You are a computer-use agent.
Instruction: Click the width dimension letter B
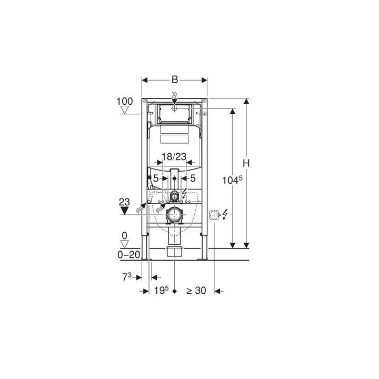tap(174, 80)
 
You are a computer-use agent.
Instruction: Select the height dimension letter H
tap(245, 163)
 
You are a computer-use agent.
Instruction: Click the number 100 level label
tap(125, 100)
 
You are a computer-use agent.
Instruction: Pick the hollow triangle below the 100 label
tap(125, 110)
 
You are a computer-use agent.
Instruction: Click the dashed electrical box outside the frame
tap(214, 215)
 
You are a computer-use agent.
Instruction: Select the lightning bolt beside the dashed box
tap(225, 215)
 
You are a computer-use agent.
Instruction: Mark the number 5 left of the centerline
tap(156, 178)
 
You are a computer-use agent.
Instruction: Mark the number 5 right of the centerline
tap(193, 178)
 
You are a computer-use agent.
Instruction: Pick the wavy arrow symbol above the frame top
tap(174, 97)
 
